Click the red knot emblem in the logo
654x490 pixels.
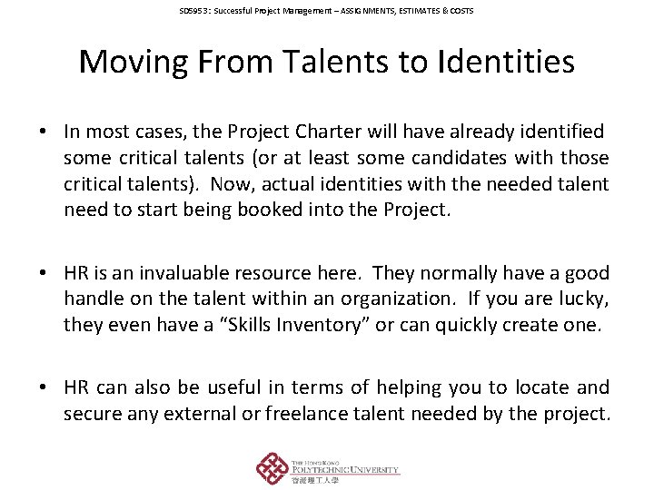(x=272, y=468)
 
